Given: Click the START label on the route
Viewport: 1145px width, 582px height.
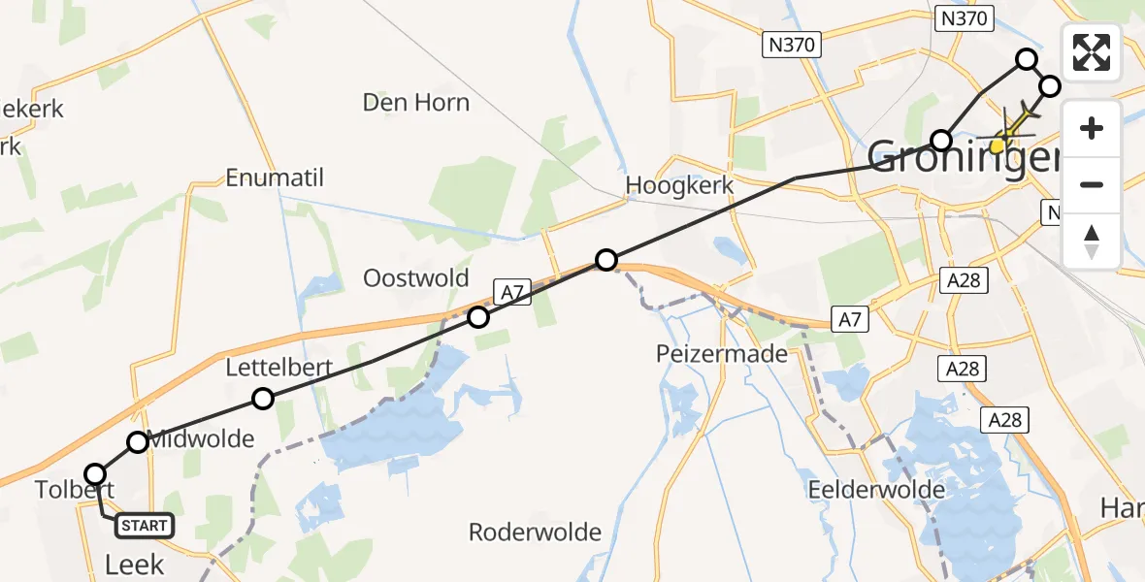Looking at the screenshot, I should click(x=144, y=526).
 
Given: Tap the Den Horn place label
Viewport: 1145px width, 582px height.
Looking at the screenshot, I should click(x=415, y=103).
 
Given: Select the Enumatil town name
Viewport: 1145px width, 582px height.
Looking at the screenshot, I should click(x=275, y=178).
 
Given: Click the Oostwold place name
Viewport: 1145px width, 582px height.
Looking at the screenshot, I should click(x=415, y=278).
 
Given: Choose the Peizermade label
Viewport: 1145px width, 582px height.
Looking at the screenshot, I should click(x=721, y=354).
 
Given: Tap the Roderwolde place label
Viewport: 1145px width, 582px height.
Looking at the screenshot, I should click(x=535, y=532).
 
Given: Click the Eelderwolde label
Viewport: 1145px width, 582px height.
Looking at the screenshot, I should click(x=877, y=490).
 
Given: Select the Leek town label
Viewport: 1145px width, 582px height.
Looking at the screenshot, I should click(x=134, y=565).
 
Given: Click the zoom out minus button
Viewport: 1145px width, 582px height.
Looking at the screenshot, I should click(x=1092, y=184).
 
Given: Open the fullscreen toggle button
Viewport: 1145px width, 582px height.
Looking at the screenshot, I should click(x=1092, y=51).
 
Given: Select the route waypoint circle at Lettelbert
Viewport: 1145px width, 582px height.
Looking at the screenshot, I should click(x=262, y=399).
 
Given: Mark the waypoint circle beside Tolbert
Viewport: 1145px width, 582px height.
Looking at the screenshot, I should click(x=95, y=474).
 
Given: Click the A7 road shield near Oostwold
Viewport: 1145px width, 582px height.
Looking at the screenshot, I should click(x=513, y=292).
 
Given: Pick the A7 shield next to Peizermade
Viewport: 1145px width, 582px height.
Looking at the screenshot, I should click(x=851, y=318).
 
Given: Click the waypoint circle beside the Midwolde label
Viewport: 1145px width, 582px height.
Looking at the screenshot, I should click(x=138, y=442).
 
